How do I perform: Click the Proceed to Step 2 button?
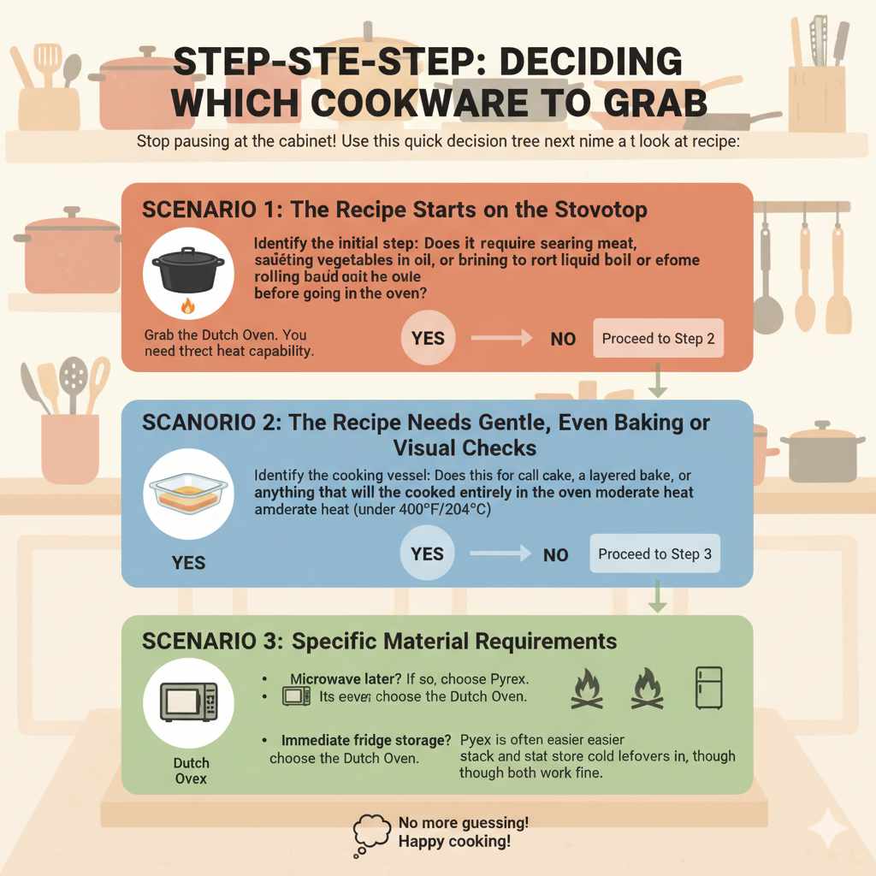(x=658, y=339)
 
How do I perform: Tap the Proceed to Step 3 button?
(x=654, y=554)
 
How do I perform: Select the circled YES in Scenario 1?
(x=428, y=338)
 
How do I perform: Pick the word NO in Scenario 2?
(x=556, y=555)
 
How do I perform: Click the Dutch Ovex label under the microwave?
(x=190, y=771)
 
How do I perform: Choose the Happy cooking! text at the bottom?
(x=454, y=842)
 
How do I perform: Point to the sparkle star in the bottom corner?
(x=827, y=828)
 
